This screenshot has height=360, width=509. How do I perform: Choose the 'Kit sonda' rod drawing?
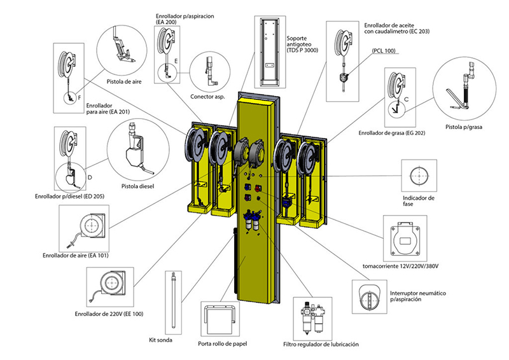172,302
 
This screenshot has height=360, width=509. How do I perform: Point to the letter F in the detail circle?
79,98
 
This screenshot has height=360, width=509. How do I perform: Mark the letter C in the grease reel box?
406,101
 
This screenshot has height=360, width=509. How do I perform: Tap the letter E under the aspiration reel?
176,61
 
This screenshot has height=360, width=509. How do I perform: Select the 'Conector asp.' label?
207,97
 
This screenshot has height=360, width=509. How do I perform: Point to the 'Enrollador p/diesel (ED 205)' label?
69,196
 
